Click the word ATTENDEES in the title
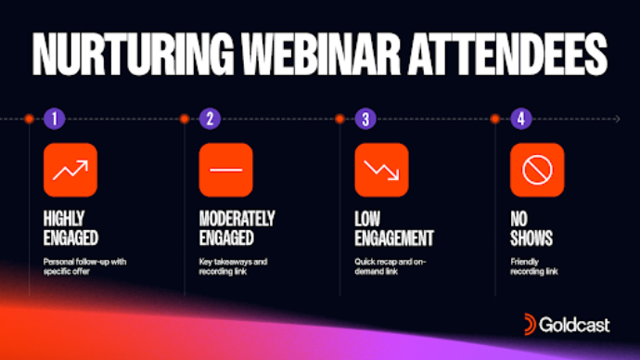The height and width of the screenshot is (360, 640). [508, 58]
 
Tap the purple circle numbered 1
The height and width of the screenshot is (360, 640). [55, 119]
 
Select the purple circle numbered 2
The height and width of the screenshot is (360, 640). [211, 119]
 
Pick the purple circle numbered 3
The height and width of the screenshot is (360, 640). [366, 119]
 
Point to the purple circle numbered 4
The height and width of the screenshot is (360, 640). [522, 119]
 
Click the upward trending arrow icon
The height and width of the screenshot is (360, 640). [70, 170]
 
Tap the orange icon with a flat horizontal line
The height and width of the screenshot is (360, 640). [225, 170]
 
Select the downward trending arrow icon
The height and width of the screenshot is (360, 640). [381, 170]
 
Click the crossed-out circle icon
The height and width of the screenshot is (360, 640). [537, 170]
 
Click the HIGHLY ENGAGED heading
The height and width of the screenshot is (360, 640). [70, 229]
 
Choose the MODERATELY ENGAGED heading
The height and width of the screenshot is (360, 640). [237, 229]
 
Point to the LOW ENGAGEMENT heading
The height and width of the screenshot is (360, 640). [394, 229]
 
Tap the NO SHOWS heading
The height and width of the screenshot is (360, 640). [531, 229]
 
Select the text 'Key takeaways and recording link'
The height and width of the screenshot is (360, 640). [233, 268]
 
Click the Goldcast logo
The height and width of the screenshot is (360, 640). [567, 324]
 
